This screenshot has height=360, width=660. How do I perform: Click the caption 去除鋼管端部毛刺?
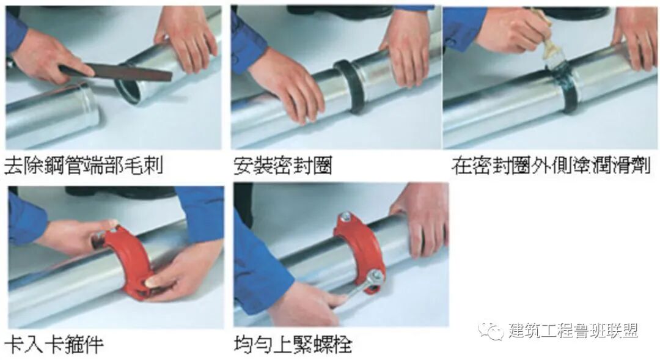83,165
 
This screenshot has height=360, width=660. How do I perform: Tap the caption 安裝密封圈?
283,166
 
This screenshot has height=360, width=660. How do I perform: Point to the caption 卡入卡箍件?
54,343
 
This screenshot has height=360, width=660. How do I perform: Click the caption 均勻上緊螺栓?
293,343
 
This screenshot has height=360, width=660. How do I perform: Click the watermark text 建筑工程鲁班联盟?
573,331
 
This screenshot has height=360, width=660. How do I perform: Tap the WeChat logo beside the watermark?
490,331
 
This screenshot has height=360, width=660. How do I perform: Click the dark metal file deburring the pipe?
116,72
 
